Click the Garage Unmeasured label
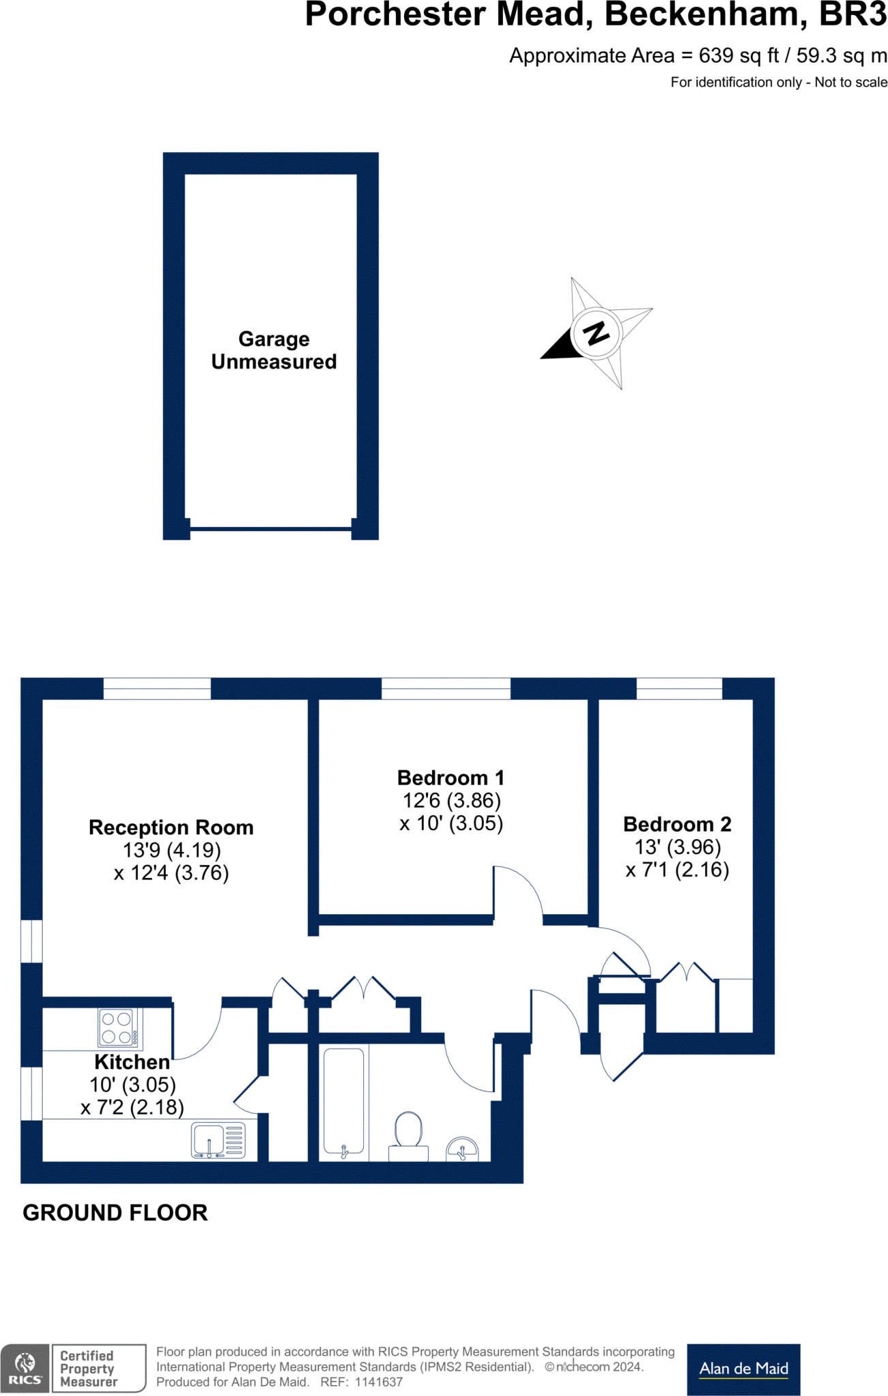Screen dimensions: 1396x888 (273, 350)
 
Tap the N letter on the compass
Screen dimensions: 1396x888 (596, 333)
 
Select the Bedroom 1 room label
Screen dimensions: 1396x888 (450, 778)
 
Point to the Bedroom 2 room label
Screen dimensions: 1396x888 (677, 824)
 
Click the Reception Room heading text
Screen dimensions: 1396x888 (171, 828)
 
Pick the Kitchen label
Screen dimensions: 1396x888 (132, 1062)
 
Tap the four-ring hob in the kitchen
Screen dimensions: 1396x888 (117, 1028)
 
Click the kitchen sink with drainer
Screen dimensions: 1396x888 (218, 1140)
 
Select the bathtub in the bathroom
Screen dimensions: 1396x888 (343, 1100)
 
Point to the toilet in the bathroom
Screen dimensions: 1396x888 (408, 1132)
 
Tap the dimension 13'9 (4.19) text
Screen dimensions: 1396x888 (172, 850)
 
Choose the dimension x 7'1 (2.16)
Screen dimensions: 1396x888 (677, 870)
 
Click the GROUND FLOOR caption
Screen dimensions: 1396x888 (115, 1213)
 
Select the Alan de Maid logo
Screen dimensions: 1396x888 (744, 1369)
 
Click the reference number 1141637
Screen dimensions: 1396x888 (378, 1382)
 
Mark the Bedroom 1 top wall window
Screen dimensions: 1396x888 (446, 688)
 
